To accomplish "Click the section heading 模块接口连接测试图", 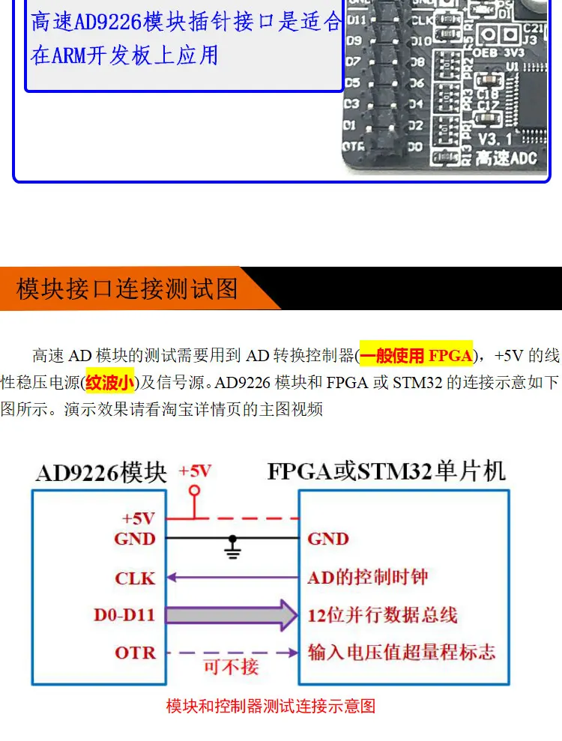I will [127, 288].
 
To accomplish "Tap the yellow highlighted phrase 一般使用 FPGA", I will [416, 355].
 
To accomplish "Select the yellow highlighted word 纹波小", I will [109, 384].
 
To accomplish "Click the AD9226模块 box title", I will [101, 473].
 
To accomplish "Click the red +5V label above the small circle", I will [195, 471].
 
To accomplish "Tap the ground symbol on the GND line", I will [233, 549].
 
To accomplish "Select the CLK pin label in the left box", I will [135, 578].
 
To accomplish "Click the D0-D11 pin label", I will [124, 616].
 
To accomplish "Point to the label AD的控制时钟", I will [367, 578].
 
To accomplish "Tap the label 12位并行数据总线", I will [382, 616].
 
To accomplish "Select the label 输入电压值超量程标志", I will [401, 653].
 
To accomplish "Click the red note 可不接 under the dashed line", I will [231, 666].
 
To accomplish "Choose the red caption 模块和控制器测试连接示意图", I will [270, 706].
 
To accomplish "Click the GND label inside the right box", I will [328, 539].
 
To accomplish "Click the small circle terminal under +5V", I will [195, 491].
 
